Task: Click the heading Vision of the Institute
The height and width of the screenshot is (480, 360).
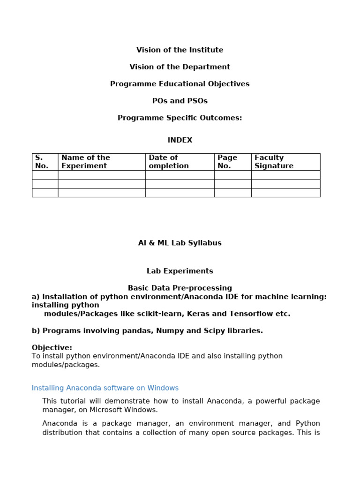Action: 180,50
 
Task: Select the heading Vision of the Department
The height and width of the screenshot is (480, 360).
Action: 180,67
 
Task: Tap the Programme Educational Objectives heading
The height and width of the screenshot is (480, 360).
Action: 180,84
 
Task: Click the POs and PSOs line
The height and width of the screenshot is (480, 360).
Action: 180,101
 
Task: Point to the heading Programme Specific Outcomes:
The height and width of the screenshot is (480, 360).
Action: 180,118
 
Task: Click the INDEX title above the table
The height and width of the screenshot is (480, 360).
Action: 180,140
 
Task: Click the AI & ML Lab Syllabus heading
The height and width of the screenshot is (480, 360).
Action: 180,243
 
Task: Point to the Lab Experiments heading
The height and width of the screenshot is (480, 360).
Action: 180,271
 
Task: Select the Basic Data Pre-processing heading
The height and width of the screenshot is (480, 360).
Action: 180,288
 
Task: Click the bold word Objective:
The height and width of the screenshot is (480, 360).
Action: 52,347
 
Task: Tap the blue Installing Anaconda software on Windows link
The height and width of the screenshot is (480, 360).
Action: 105,388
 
